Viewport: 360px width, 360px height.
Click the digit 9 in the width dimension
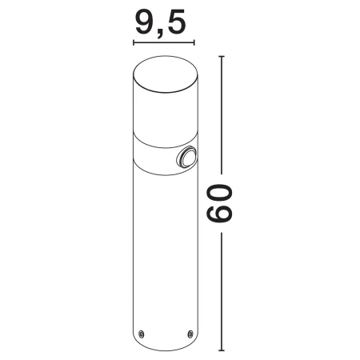[146, 22]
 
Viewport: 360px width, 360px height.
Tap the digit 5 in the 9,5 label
[176, 22]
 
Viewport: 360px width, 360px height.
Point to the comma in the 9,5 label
[160, 34]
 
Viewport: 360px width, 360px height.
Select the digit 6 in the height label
[219, 214]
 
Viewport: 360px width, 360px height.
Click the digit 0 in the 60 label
[219, 194]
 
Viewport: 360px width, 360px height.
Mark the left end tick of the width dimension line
[134, 42]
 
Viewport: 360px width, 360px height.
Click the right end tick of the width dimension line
[194, 42]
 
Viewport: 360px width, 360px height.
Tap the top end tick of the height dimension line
[222, 57]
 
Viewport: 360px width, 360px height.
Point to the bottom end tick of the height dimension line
[222, 350]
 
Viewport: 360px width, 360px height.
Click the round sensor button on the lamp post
[186, 159]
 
